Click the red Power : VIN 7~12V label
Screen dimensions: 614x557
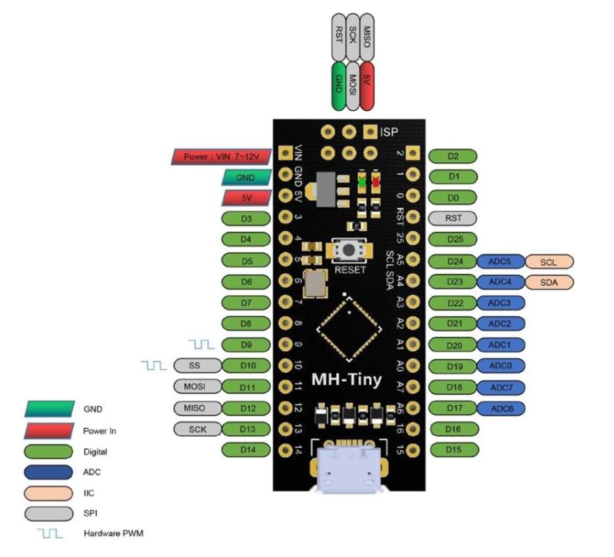tap(222, 157)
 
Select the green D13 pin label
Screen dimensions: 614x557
tap(246, 429)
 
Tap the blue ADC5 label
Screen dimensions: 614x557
tap(500, 262)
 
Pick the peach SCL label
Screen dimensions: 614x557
tap(549, 262)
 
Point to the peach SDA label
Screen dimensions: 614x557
tap(549, 282)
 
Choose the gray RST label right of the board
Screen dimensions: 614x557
tap(453, 218)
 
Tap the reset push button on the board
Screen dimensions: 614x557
tap(349, 250)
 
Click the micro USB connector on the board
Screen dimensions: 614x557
tap(348, 468)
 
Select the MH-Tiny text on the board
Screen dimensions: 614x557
tap(346, 379)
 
